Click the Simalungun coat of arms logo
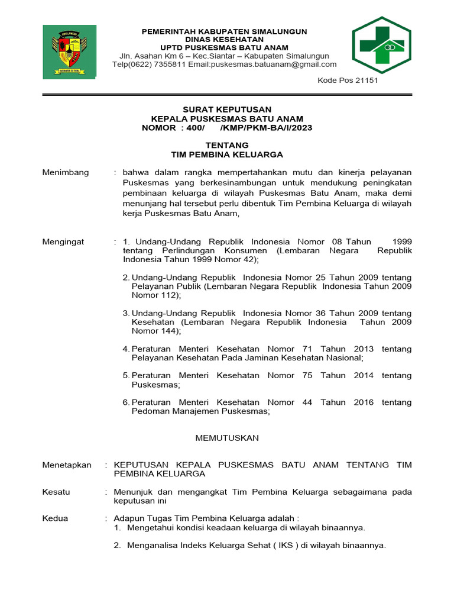69,51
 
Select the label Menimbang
66,172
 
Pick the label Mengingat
63,241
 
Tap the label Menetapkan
67,465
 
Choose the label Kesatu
56,492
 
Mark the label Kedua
56,518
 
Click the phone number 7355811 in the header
174,65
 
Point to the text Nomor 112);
157,295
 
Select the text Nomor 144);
157,331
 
